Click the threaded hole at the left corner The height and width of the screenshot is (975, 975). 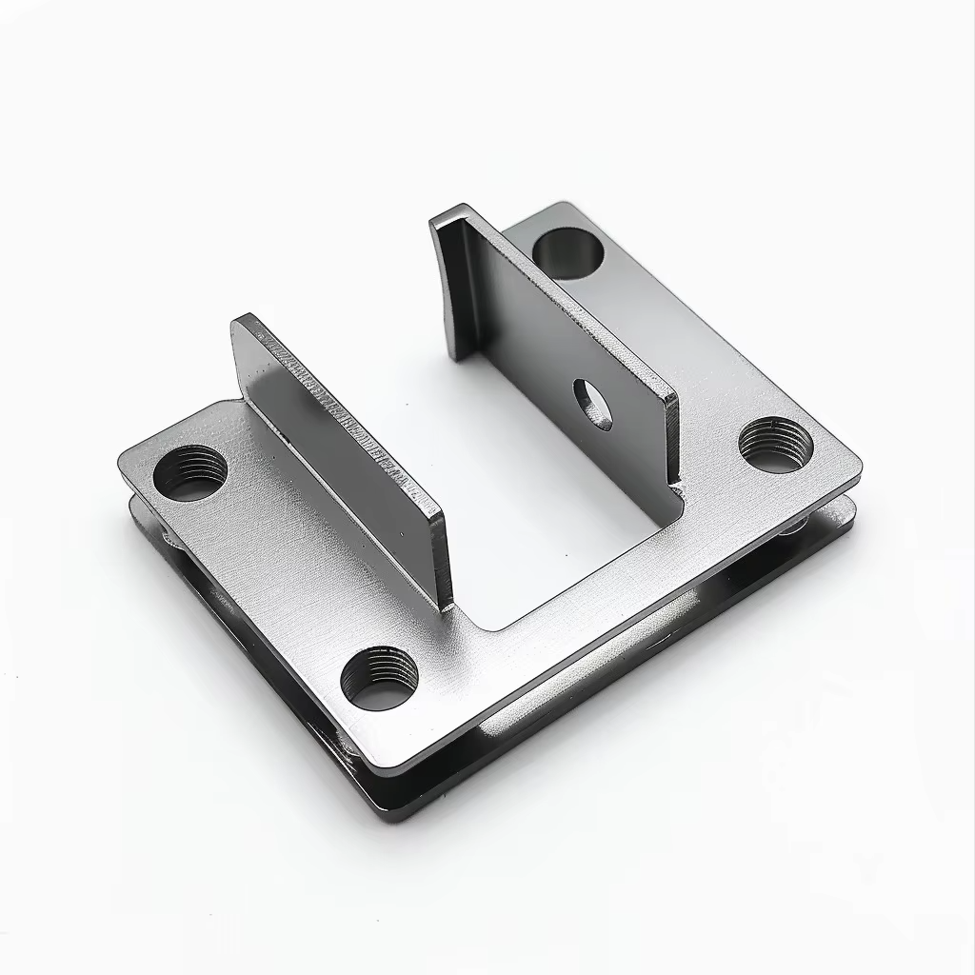(x=190, y=472)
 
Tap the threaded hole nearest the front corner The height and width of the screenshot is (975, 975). (x=379, y=679)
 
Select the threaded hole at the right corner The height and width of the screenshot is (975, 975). (x=776, y=445)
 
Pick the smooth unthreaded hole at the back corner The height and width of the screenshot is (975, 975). (x=567, y=252)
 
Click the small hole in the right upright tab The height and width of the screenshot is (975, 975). (x=592, y=403)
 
